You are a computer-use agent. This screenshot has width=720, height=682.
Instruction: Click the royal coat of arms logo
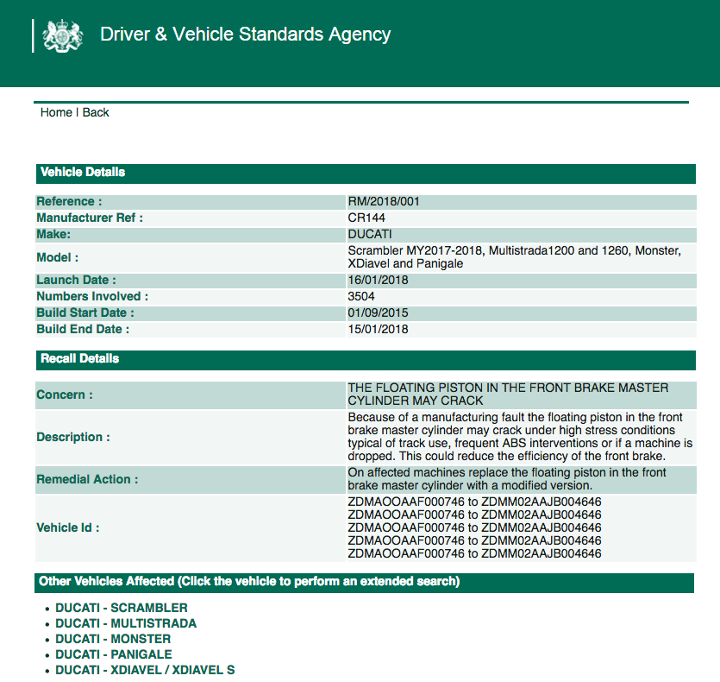click(64, 35)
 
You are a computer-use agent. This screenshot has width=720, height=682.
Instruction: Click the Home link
click(56, 112)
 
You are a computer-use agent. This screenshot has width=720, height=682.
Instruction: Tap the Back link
click(96, 112)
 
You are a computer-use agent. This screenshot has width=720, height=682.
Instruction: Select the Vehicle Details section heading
click(83, 172)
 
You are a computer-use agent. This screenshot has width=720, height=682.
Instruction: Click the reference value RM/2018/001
click(384, 201)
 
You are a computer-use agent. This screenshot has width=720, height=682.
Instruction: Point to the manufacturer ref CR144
click(366, 218)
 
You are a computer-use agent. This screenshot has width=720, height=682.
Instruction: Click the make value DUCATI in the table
click(370, 234)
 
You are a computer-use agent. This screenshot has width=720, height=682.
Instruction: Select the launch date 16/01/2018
click(378, 280)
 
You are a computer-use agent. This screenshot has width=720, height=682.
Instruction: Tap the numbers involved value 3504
click(361, 296)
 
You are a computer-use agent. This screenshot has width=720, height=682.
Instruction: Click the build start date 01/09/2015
click(379, 313)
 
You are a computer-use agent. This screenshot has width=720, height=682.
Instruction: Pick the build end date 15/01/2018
click(378, 329)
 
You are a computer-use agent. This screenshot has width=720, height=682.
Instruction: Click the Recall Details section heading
click(80, 358)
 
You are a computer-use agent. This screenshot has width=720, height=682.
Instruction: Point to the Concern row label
click(65, 395)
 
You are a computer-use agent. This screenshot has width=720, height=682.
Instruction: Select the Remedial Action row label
click(87, 479)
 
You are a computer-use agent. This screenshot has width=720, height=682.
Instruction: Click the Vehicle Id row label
click(68, 527)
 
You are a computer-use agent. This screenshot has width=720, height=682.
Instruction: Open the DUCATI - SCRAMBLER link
click(122, 608)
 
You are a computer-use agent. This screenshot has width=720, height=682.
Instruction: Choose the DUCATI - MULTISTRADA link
click(126, 623)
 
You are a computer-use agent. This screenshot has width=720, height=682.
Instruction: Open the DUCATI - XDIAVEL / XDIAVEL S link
click(145, 670)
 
